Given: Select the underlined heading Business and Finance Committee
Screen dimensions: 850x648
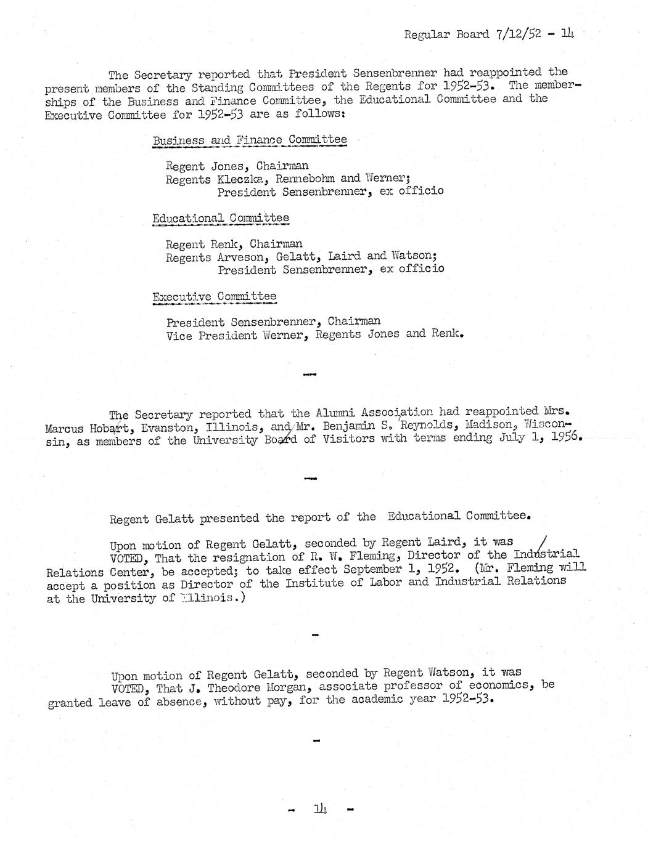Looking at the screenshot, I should click(250, 140).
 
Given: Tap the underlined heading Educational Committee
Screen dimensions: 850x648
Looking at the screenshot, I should click(221, 218).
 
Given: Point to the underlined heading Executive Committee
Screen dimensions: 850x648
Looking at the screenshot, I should click(215, 297).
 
